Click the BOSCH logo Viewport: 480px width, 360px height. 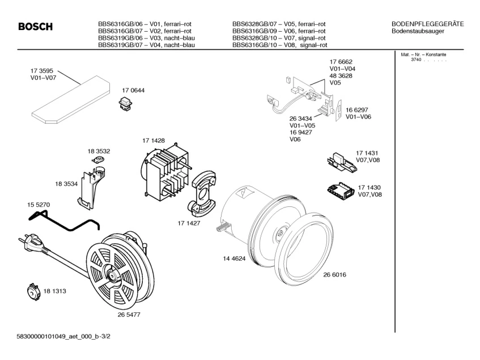coord(35,27)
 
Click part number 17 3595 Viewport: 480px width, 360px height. coord(42,71)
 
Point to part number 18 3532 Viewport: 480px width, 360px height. coord(99,151)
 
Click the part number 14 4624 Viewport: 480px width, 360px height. coord(234,258)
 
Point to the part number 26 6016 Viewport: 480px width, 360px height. coord(334,274)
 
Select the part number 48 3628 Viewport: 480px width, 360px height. coord(341,75)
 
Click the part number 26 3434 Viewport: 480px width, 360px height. coord(301,118)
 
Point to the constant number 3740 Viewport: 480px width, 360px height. coord(417,60)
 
